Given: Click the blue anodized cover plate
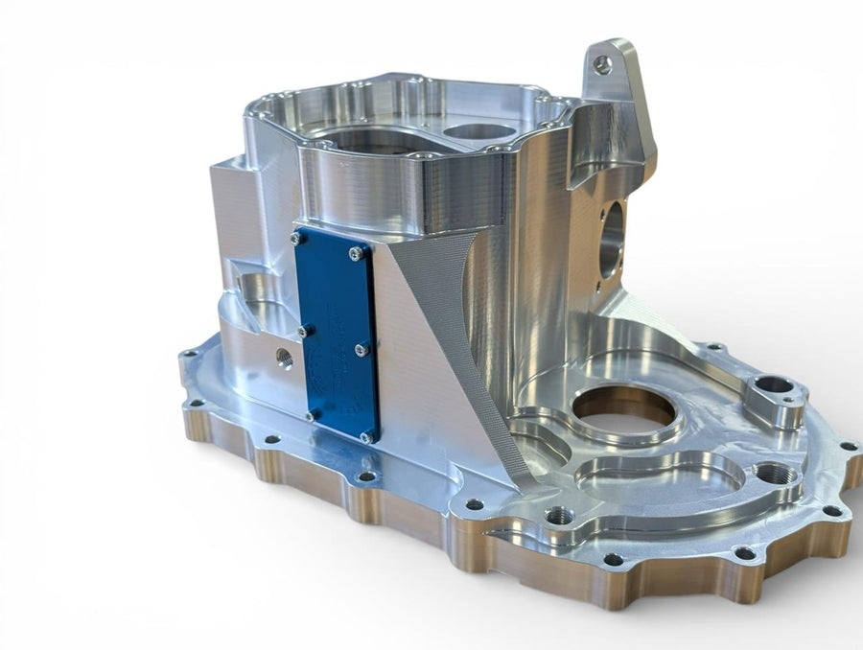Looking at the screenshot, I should (336, 336).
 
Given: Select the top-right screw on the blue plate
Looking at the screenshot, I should (356, 253).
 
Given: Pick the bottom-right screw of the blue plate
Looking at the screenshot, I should (365, 437).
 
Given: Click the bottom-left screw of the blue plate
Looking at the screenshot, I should (312, 415).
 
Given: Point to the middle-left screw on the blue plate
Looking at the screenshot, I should (303, 331).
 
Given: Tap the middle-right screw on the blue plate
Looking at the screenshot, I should (362, 350).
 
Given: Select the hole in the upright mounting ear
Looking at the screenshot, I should (601, 65).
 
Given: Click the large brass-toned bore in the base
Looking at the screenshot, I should (624, 410).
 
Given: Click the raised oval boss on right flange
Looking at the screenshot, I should (773, 388).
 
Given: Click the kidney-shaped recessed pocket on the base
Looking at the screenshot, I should (662, 475).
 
